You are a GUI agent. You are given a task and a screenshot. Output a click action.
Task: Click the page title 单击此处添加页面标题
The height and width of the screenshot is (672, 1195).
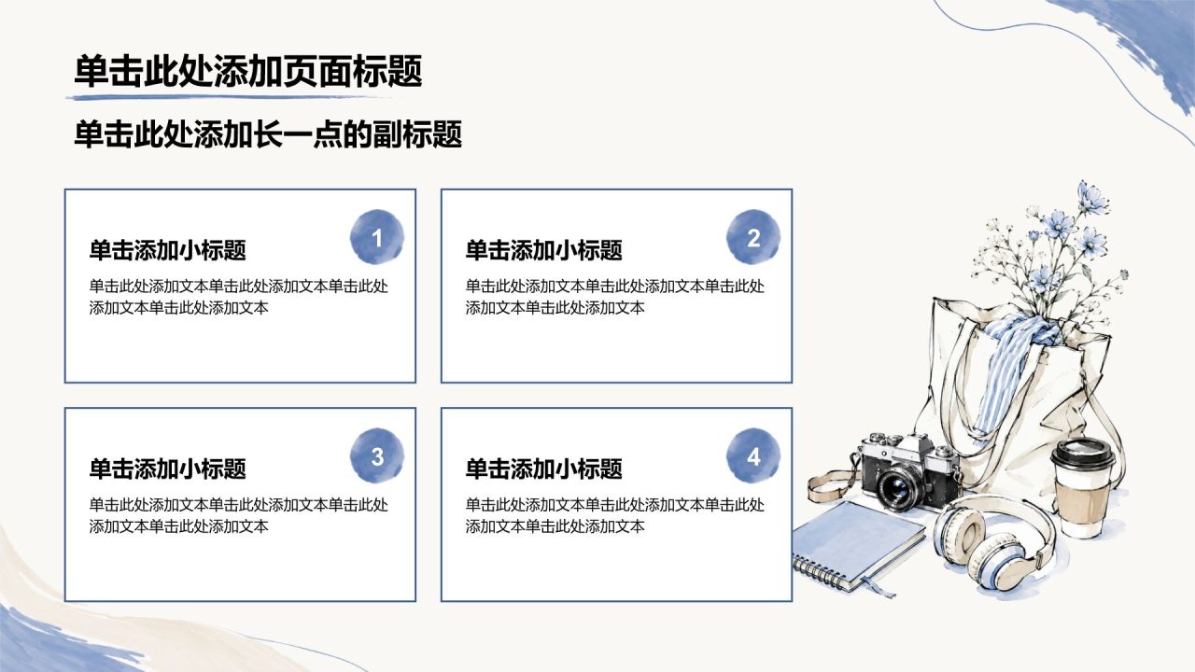(248, 71)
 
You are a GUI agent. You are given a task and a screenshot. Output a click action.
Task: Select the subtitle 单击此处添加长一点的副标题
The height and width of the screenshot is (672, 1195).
(268, 134)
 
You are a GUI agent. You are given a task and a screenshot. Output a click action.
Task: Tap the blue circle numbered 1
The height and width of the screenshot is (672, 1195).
(376, 237)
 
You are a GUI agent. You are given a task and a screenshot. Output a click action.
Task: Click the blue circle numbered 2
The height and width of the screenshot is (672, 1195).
(753, 237)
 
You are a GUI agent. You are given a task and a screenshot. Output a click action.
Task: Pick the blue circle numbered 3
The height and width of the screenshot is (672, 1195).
(376, 455)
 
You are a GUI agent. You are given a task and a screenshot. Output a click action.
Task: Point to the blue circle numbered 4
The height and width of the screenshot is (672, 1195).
(753, 455)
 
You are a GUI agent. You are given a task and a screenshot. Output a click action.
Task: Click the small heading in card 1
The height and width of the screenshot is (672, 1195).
(167, 250)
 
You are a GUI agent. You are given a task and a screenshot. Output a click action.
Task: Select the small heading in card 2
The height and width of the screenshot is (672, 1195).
(543, 250)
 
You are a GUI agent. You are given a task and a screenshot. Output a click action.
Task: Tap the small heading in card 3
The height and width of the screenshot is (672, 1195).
(167, 469)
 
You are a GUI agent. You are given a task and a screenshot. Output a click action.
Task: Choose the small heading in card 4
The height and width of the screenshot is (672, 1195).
(543, 469)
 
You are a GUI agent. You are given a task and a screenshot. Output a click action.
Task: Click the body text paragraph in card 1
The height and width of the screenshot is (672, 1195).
(238, 297)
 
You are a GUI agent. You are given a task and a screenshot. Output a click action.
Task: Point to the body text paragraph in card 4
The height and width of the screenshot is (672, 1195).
(614, 516)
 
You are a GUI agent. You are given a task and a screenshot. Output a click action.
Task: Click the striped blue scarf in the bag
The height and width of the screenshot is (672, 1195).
(1006, 368)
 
